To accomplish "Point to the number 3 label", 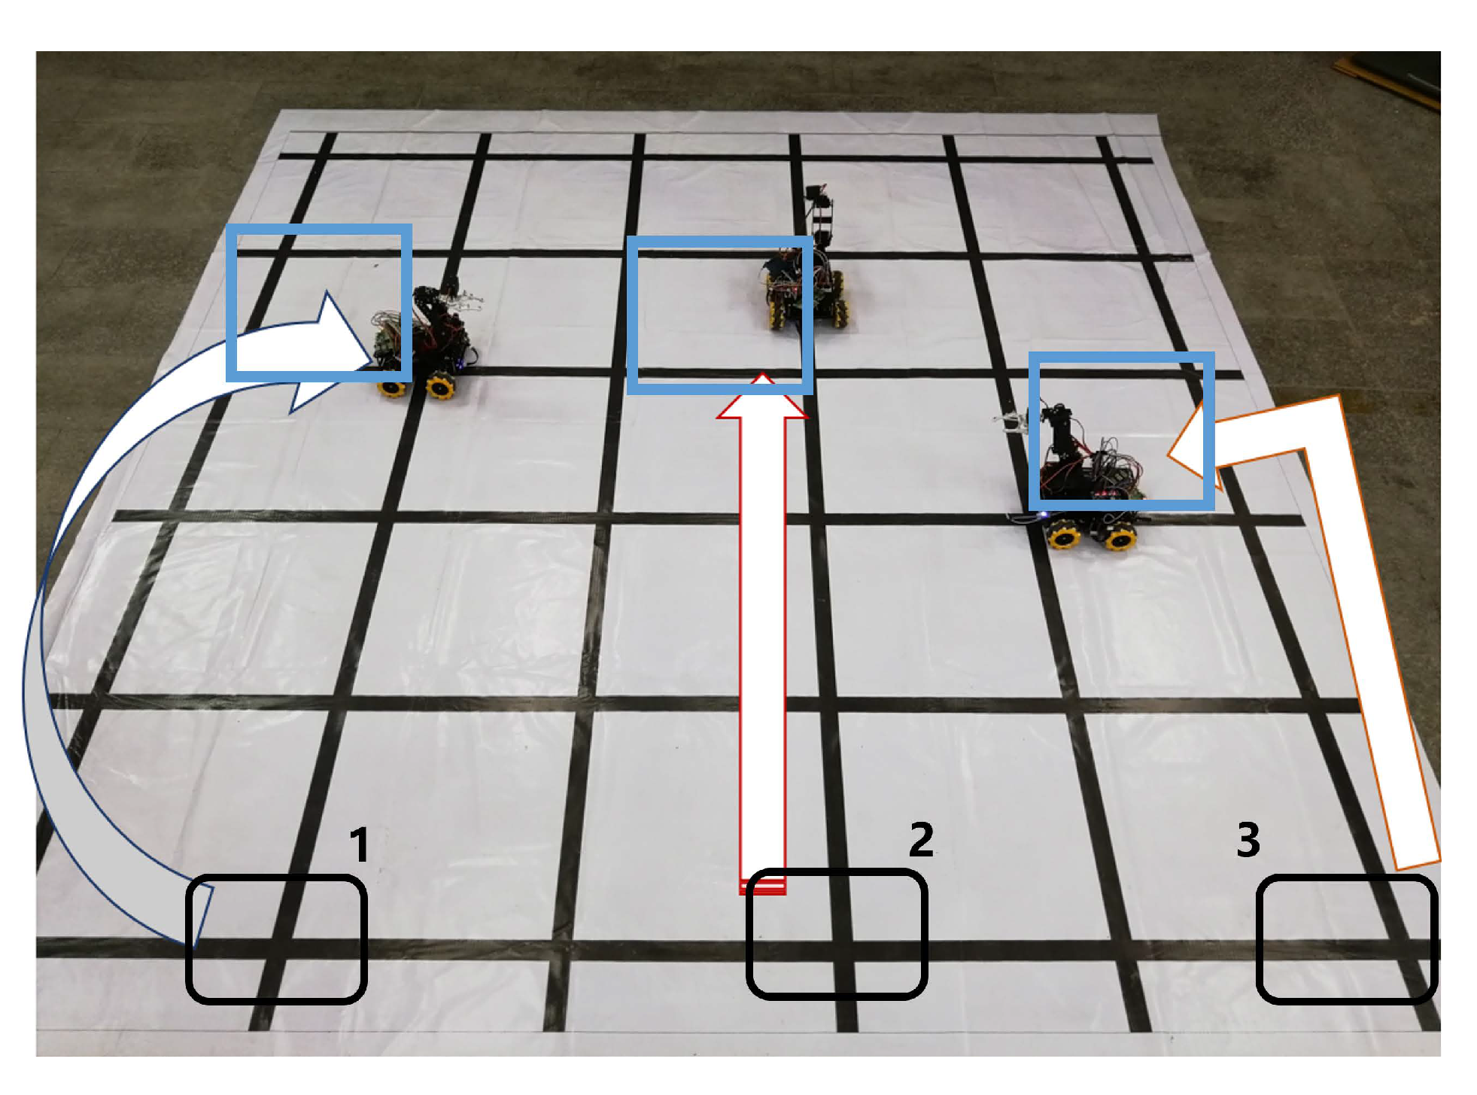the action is click(1248, 839).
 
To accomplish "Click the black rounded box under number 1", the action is click(276, 938).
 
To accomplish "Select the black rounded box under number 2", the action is click(836, 934).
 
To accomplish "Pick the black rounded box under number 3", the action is click(1347, 938).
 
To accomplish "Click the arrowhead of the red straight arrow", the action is click(762, 396).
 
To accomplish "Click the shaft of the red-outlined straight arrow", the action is click(762, 655).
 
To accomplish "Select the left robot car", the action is click(426, 340).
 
